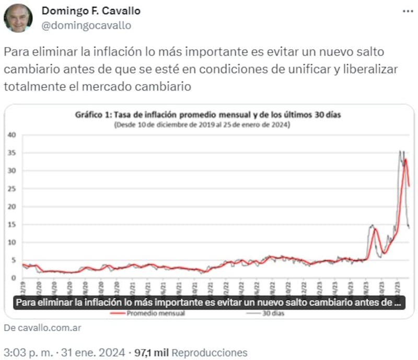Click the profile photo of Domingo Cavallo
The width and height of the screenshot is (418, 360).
pos(18,18)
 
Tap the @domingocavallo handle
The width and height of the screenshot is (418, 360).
pos(86,25)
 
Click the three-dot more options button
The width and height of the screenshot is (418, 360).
pos(408,11)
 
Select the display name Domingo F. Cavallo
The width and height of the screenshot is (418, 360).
pos(91,11)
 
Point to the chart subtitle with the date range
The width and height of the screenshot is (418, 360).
pos(202,125)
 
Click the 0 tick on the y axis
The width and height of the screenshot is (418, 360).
pos(15,278)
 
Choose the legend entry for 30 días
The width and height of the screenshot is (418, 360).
pos(272,313)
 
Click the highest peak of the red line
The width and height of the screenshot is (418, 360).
pos(405,159)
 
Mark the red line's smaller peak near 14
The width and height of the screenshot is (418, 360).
pos(375,229)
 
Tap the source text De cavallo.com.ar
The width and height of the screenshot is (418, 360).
pos(42,328)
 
